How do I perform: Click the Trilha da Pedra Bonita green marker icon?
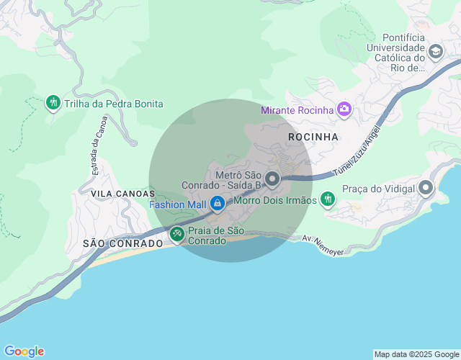click(x=53, y=103)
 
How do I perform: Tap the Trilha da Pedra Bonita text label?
click(x=114, y=104)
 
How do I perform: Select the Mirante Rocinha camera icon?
click(x=344, y=109)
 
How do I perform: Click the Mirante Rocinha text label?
click(x=297, y=110)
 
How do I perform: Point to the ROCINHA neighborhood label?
click(x=313, y=136)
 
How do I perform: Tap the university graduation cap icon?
click(x=435, y=52)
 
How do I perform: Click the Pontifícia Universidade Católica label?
click(x=395, y=53)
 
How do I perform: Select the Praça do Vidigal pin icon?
click(x=426, y=189)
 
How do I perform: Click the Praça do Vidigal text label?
click(x=378, y=189)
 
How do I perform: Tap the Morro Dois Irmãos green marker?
click(x=328, y=199)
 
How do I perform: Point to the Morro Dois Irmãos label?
click(x=275, y=200)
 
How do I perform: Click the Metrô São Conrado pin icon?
click(x=272, y=179)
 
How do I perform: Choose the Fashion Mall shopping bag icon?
click(x=217, y=204)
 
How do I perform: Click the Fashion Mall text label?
click(x=177, y=204)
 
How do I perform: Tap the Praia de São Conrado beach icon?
click(x=176, y=234)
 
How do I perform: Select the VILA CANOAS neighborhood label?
click(x=122, y=194)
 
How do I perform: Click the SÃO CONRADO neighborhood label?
click(x=122, y=243)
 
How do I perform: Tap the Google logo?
click(x=24, y=351)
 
